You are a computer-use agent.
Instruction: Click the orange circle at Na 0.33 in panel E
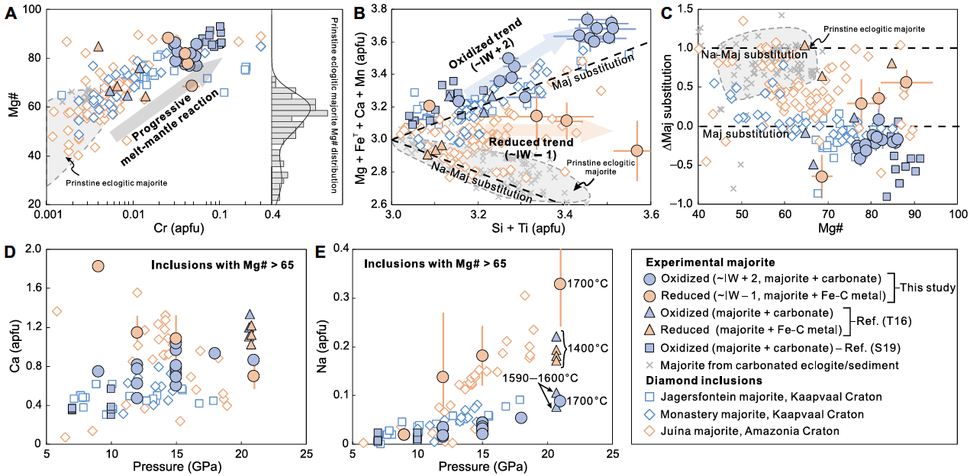pos(559,284)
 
